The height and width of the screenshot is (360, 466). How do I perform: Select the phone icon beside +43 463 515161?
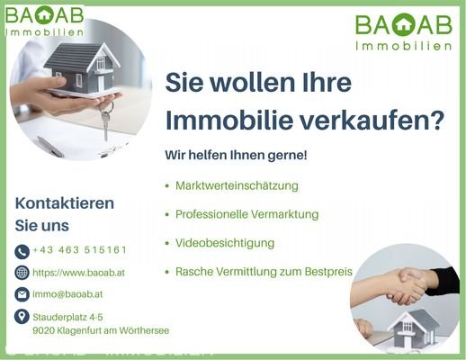(x=22, y=250)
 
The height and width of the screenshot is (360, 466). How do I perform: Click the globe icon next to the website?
(x=22, y=273)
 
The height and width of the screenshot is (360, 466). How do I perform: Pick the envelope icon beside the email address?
(x=22, y=294)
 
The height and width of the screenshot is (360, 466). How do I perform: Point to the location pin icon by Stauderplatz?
(x=22, y=316)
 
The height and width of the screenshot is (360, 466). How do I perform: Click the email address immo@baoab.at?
(x=67, y=294)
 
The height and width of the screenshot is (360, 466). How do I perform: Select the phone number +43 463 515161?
(x=79, y=250)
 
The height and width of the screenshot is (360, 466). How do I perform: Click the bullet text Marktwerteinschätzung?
(x=237, y=185)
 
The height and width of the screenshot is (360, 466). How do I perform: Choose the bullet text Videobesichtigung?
(x=225, y=243)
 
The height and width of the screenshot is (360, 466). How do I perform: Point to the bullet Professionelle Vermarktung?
(x=247, y=214)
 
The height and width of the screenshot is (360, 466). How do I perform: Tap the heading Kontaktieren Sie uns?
(x=65, y=214)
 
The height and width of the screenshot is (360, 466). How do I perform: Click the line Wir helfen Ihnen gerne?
(x=236, y=155)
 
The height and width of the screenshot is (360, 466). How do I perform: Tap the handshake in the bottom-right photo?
(x=409, y=286)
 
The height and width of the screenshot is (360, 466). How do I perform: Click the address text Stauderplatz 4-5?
(x=67, y=317)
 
